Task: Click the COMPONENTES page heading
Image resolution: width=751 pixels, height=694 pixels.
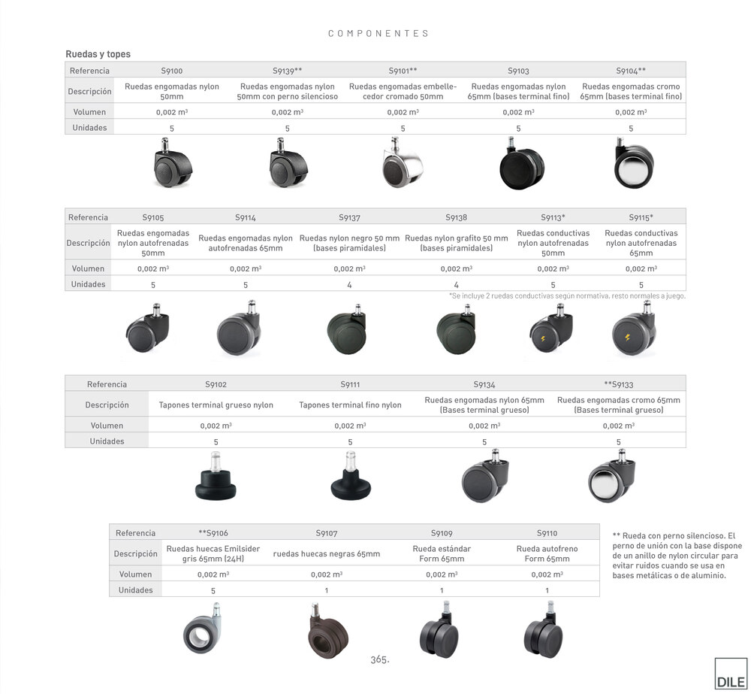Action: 379,34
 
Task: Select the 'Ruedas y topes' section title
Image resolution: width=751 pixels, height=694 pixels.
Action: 98,54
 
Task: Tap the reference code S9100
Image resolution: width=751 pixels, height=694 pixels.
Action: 172,71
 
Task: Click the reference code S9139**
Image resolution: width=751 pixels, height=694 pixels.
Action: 287,71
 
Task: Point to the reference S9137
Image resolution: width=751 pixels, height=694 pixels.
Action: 349,218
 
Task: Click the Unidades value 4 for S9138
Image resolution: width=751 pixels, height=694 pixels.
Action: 456,285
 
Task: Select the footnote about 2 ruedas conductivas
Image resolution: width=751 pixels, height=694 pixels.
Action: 567,296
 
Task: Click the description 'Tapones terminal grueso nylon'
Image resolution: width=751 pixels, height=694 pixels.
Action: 216,405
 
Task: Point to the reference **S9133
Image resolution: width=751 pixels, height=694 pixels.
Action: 618,384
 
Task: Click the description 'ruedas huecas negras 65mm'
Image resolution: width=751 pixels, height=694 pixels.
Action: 326,554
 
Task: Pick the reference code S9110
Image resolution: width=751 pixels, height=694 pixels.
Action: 547,533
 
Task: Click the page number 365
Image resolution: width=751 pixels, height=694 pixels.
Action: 379,659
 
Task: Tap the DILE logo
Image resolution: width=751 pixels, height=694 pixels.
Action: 731,675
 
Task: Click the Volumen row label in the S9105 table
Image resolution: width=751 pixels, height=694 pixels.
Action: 88,268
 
